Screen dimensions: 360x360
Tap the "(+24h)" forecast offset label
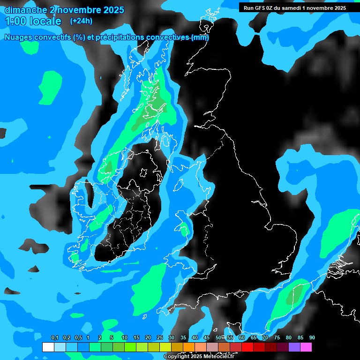pyautogui.click(x=81, y=21)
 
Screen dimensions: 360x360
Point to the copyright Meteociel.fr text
pyautogui.click(x=198, y=357)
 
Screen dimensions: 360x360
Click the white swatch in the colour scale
pyautogui.click(x=48, y=347)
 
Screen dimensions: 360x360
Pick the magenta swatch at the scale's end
pyautogui.click(x=306, y=347)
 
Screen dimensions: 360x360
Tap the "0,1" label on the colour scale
pyautogui.click(x=55, y=338)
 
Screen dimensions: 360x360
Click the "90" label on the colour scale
pyautogui.click(x=312, y=338)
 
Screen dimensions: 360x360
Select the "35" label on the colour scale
pyautogui.click(x=183, y=338)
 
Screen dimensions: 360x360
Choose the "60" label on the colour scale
pyautogui.click(x=242, y=338)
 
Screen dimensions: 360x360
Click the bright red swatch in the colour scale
pyautogui.click(x=247, y=347)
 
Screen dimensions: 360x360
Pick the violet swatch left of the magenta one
pyautogui.click(x=294, y=347)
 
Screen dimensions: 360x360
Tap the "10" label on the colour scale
pyautogui.click(x=125, y=338)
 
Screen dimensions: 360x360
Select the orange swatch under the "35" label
pyautogui.click(x=189, y=347)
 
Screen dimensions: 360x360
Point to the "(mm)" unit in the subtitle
pyautogui.click(x=200, y=37)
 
